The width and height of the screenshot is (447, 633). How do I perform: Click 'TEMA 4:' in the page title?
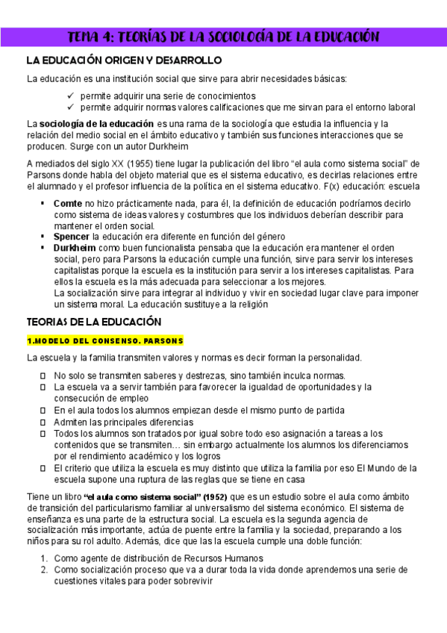(91, 37)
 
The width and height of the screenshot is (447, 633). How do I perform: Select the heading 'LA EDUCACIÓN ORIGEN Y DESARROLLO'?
(123, 60)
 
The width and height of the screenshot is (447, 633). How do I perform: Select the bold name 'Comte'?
(68, 204)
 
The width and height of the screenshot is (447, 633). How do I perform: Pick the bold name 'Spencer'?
(72, 237)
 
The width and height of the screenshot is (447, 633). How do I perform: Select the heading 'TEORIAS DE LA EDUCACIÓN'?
(94, 322)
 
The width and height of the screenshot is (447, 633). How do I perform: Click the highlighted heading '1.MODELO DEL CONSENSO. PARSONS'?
(105, 340)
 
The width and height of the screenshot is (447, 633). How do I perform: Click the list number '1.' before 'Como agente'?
(44, 558)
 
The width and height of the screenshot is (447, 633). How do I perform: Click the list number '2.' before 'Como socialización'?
(44, 570)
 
